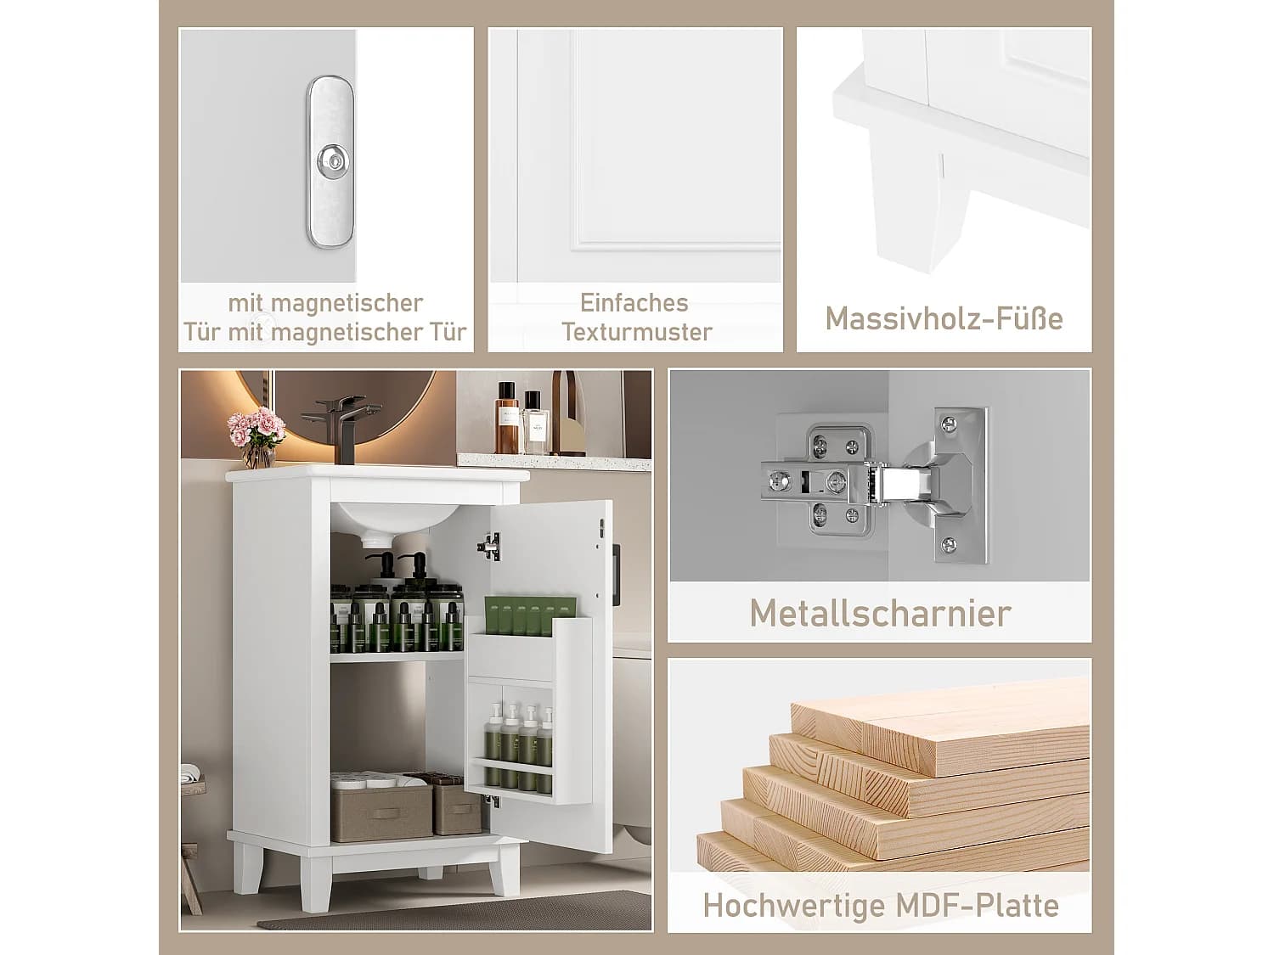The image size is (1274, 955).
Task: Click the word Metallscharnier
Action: (x=880, y=614)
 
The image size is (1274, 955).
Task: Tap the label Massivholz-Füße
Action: (x=944, y=319)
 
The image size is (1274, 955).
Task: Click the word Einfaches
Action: (x=634, y=303)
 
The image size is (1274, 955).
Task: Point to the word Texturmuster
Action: (x=637, y=332)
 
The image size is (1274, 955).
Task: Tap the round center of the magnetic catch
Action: (x=330, y=158)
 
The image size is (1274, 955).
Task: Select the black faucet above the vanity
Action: (x=341, y=424)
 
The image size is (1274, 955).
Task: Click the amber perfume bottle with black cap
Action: (x=507, y=418)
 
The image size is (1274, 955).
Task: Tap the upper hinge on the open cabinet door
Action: (x=489, y=547)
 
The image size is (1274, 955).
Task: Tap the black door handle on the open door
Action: (x=617, y=570)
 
